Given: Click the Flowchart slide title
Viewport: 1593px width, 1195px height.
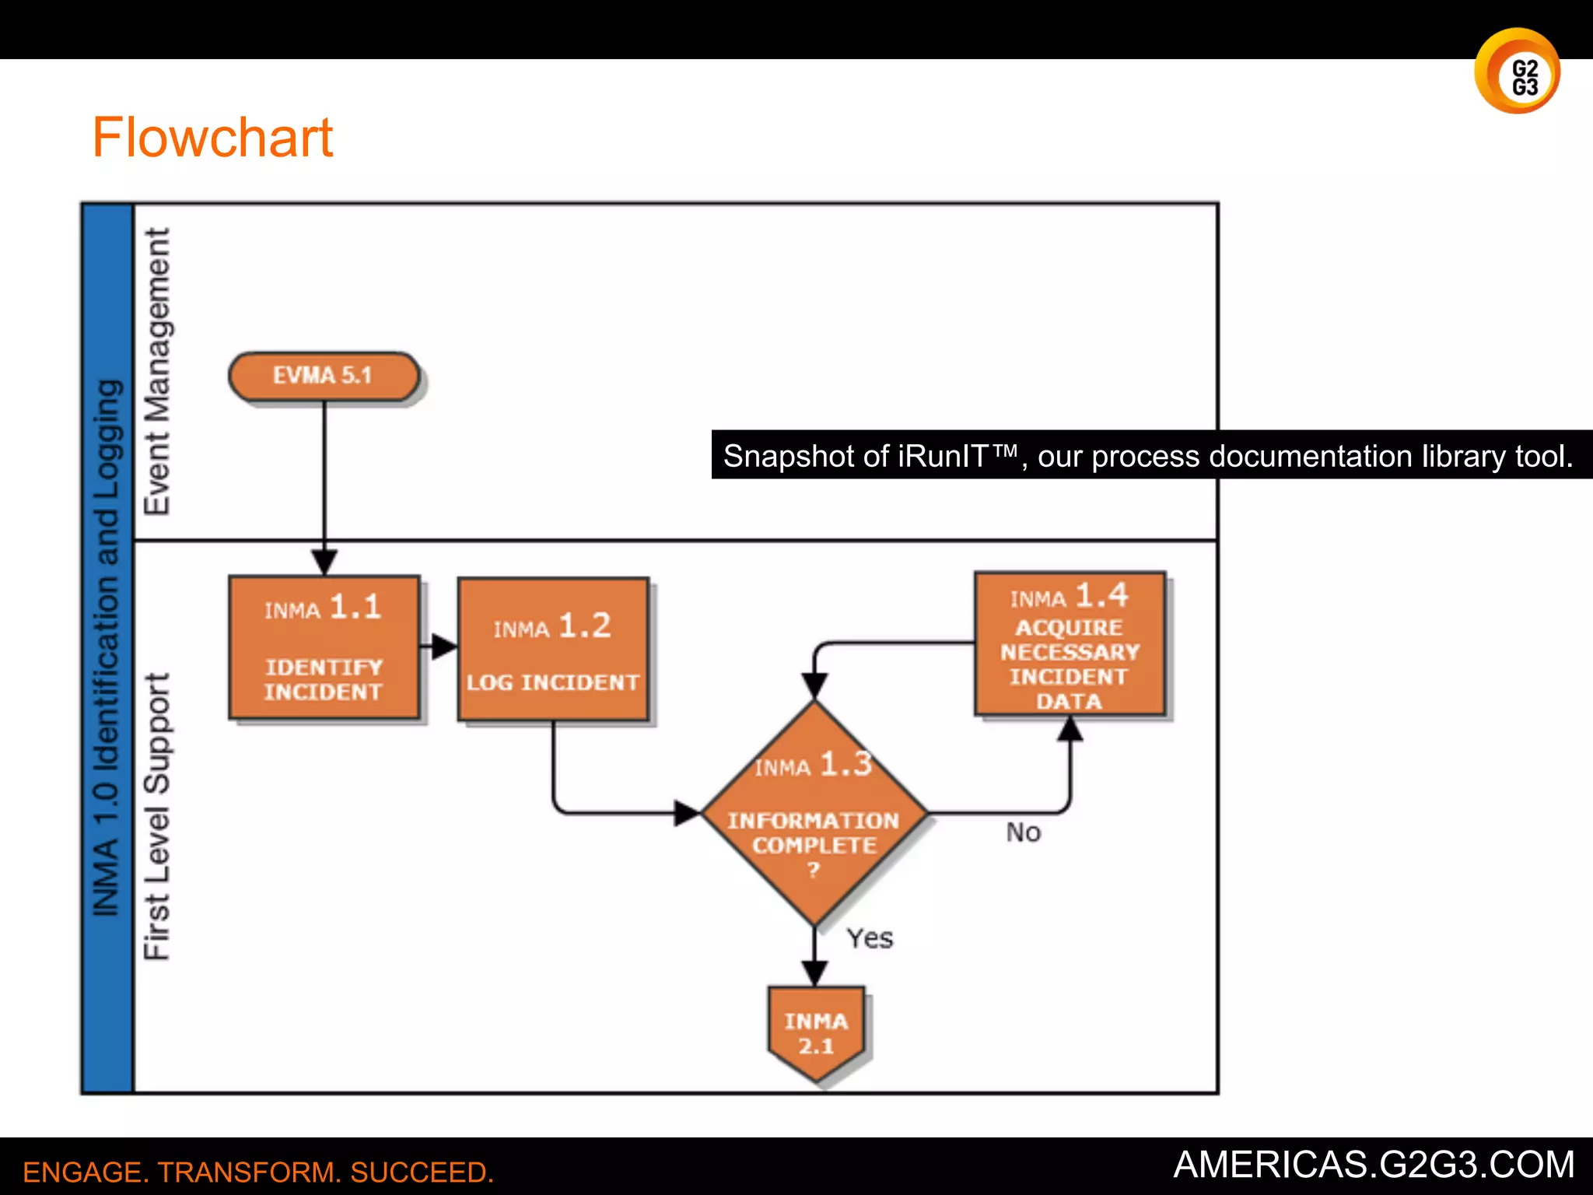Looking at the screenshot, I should click(212, 138).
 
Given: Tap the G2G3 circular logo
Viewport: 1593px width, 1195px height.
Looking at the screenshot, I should click(1517, 72).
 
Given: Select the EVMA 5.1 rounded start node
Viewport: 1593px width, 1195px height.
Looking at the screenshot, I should click(324, 376).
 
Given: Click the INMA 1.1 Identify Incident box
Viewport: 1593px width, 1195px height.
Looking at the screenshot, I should click(324, 647).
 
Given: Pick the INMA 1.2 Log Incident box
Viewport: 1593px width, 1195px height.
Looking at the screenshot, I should click(553, 649).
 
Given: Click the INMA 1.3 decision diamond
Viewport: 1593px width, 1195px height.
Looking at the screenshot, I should click(814, 813).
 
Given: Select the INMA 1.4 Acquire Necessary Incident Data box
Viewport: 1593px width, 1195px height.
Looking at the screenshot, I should click(1070, 644).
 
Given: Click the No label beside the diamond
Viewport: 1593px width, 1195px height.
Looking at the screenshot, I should click(1023, 832).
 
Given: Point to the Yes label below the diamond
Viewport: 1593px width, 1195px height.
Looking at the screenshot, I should click(870, 938).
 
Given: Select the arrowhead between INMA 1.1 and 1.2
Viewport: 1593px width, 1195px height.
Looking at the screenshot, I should click(444, 646).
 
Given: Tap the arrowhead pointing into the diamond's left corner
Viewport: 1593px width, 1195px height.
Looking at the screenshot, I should click(688, 813).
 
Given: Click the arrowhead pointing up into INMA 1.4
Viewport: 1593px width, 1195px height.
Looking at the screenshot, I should click(1070, 729).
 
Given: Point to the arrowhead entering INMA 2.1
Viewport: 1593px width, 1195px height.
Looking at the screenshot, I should click(814, 973).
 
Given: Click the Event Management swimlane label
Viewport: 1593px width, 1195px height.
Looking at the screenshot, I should click(156, 371).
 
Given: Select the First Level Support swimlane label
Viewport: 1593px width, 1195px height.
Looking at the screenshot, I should click(156, 816).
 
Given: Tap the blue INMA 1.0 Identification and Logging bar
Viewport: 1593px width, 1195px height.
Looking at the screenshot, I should click(107, 647).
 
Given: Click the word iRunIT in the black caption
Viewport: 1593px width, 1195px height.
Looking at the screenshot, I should click(944, 456).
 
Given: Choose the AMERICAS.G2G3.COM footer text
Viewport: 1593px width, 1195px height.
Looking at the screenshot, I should click(1373, 1165).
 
